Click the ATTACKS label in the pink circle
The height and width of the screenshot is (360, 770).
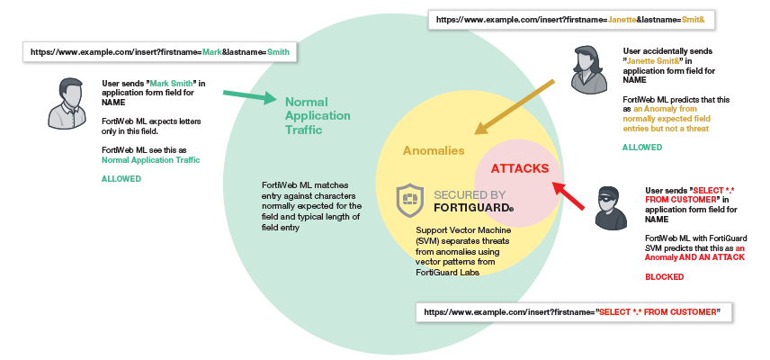[x=518, y=168]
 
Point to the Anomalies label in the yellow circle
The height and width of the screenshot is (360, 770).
[x=434, y=150]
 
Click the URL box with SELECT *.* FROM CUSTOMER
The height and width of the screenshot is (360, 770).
[x=573, y=311]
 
